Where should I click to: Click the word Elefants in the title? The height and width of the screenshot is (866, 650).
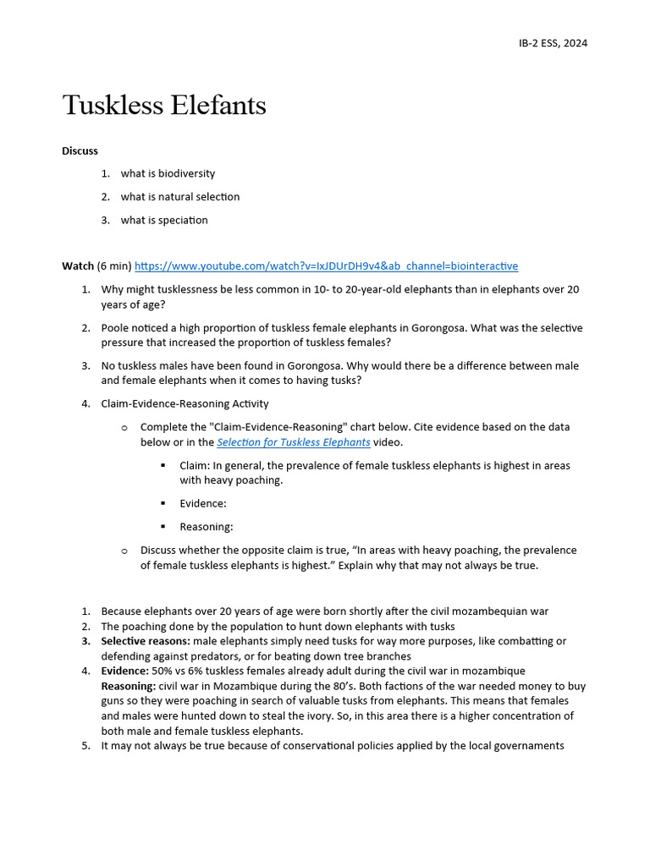click(x=217, y=106)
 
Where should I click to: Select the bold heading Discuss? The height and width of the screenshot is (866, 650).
click(x=80, y=151)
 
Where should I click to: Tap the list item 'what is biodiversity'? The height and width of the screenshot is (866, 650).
click(x=168, y=173)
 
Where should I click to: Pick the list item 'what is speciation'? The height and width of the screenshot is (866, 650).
click(x=163, y=220)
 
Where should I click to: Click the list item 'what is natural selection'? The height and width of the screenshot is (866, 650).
click(x=179, y=196)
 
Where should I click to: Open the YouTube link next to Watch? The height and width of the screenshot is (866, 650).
click(x=326, y=266)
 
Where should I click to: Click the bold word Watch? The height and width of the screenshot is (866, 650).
click(x=78, y=266)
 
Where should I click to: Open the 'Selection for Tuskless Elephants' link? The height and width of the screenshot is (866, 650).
click(x=293, y=442)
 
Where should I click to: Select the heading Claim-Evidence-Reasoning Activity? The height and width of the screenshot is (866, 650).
click(x=185, y=403)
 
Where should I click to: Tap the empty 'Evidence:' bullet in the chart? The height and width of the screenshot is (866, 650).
click(x=203, y=503)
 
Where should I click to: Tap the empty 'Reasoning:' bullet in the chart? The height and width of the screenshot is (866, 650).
click(x=206, y=526)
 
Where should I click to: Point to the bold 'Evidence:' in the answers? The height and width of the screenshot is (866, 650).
click(x=124, y=671)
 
